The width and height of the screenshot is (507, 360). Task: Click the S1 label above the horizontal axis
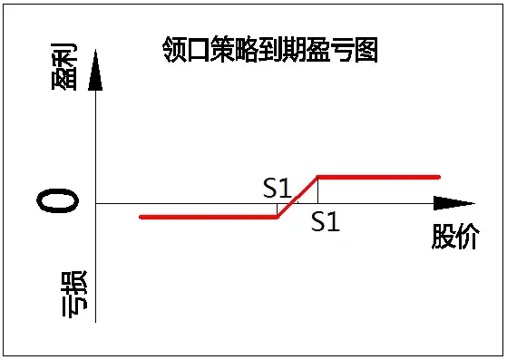coord(277,188)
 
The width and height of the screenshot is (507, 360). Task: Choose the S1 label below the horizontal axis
coord(325,221)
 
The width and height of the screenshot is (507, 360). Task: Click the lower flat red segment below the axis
coord(209,217)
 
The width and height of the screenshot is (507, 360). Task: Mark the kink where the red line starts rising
coord(278,217)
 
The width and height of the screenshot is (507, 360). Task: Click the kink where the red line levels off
coord(317,177)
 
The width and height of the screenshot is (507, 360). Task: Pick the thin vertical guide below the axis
coord(277,210)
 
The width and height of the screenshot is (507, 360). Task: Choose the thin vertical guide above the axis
coord(317,190)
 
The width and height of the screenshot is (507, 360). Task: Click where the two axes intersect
coord(95,203)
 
